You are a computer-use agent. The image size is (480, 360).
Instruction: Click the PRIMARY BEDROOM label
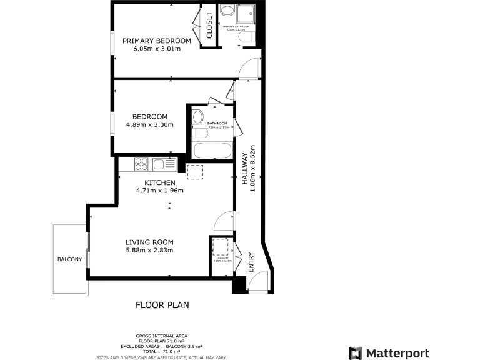156,41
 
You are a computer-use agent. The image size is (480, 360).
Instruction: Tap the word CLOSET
209,26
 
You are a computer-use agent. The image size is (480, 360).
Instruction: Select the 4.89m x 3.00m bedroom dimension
149,125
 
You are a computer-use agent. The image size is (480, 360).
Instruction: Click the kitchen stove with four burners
141,164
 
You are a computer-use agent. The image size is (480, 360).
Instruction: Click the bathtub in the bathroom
212,151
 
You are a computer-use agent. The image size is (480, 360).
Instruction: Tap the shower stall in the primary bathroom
247,12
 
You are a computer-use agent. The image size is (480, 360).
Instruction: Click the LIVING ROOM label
149,242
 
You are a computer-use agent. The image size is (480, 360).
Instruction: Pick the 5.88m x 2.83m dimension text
149,251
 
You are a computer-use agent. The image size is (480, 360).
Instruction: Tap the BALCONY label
69,259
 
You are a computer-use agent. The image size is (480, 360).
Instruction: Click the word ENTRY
251,262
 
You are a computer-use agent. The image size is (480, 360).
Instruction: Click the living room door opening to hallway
224,220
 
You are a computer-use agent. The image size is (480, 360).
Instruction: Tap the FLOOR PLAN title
162,306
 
